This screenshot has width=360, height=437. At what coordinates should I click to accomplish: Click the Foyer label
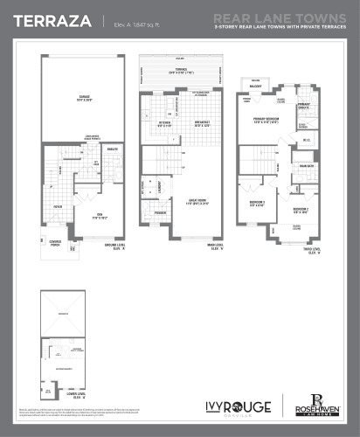coord(57,206)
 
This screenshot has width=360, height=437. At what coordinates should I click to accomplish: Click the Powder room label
coord(160,212)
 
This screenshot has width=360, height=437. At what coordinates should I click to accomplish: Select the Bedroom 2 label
coord(300,211)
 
